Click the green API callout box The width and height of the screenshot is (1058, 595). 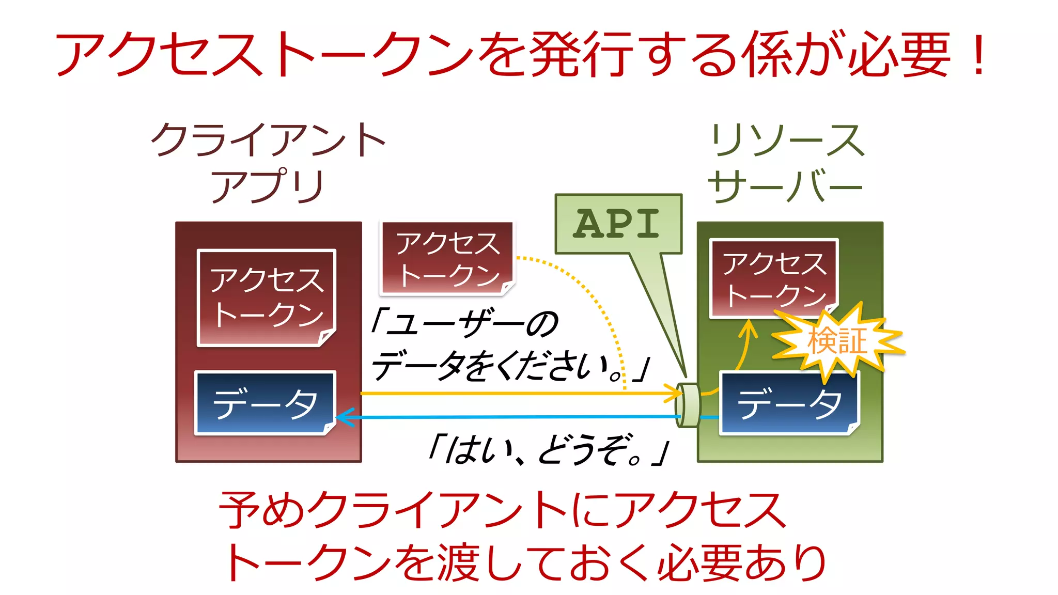coord(618,224)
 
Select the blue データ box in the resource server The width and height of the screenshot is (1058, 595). coord(789,403)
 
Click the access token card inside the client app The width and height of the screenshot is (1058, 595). coord(267,297)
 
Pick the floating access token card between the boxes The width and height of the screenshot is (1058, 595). coord(447,258)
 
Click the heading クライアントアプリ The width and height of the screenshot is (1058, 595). coord(268,162)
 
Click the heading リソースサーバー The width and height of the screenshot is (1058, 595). coord(786,163)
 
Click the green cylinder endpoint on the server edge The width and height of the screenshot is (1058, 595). coord(688,405)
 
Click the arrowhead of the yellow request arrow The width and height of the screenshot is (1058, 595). coord(675,393)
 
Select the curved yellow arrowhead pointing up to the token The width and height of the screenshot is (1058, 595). coord(748,327)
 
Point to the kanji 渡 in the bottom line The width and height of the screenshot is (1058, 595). coord(457,562)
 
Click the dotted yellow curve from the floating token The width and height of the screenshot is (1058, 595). coord(594,300)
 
